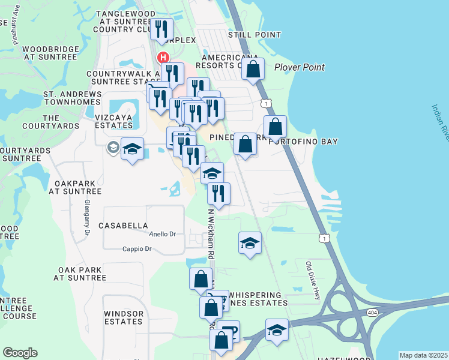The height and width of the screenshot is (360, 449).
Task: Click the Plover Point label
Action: [x=300, y=67]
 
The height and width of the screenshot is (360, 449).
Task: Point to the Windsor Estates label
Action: [x=124, y=317]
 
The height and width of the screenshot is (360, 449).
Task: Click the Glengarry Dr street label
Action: [x=87, y=211]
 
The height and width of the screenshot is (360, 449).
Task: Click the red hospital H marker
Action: [x=162, y=58]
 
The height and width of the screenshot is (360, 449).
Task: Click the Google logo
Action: [x=20, y=353]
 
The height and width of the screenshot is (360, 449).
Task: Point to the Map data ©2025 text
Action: [x=423, y=355]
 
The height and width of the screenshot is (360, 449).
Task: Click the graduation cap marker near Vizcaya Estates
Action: [x=132, y=149]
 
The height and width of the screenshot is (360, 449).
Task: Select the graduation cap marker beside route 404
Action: [x=277, y=331]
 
